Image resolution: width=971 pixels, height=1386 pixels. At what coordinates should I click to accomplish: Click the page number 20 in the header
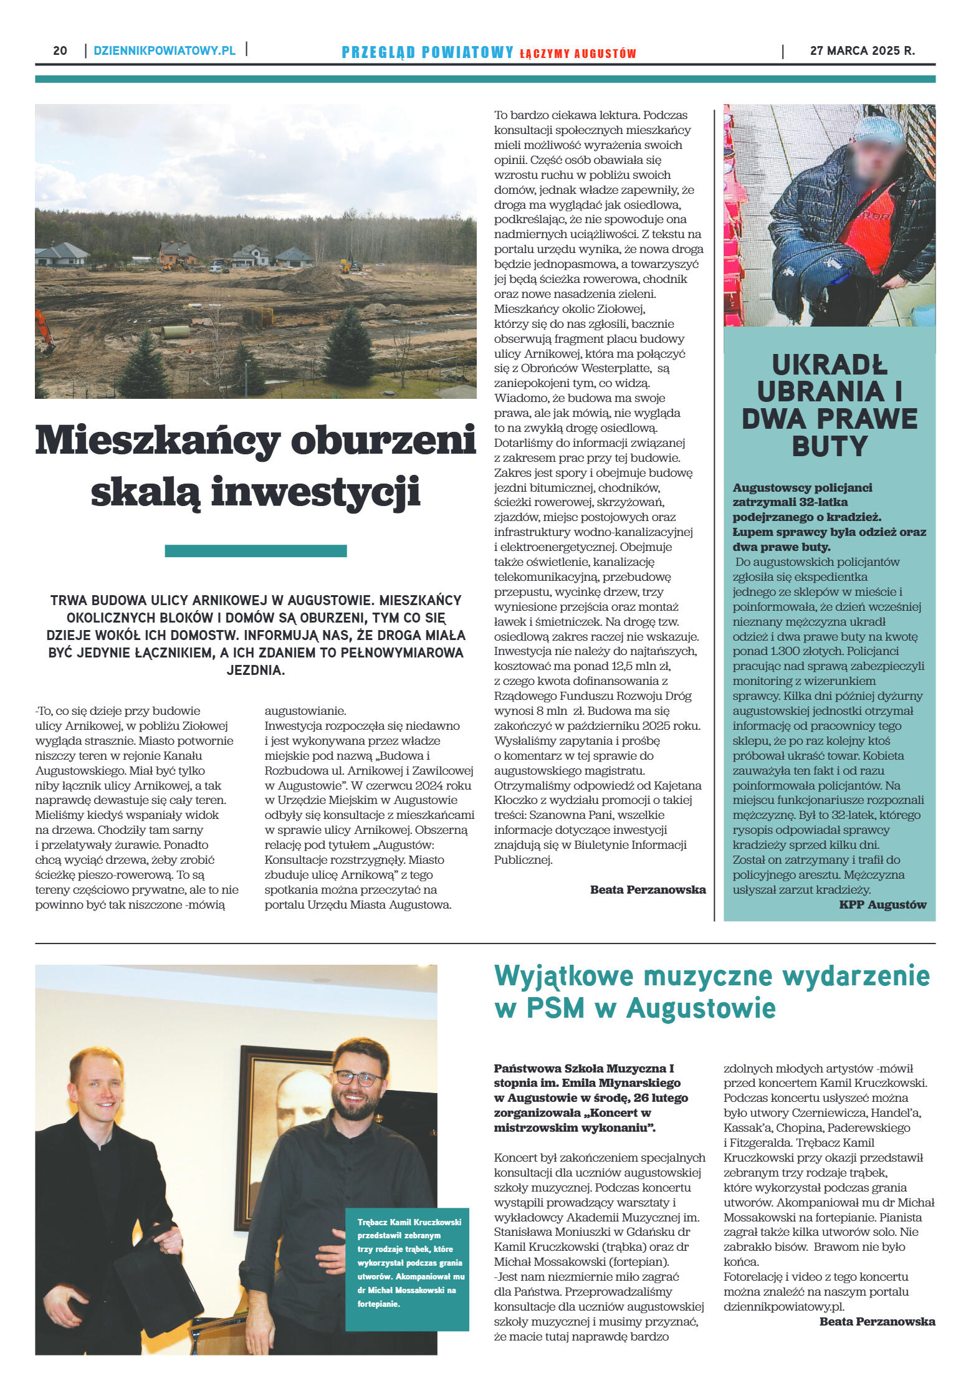click(x=60, y=50)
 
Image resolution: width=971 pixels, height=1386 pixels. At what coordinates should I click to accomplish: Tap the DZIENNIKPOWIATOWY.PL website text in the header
click(x=165, y=50)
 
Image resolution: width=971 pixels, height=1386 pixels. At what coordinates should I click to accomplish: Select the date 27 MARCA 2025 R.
click(x=862, y=51)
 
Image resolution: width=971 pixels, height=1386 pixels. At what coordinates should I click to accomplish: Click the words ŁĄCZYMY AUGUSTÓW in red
click(x=578, y=54)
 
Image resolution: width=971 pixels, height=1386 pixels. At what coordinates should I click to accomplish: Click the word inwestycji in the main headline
click(x=316, y=492)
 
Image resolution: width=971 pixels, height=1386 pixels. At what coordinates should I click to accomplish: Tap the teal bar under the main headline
click(x=256, y=551)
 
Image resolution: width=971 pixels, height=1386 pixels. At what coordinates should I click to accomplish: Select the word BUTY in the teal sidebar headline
click(x=830, y=446)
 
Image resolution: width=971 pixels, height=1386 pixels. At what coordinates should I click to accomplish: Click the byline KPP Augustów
click(x=883, y=904)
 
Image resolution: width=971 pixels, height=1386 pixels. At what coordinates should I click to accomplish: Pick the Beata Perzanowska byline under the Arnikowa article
click(x=648, y=889)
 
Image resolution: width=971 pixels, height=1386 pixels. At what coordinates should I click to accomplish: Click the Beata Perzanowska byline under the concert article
click(x=877, y=1321)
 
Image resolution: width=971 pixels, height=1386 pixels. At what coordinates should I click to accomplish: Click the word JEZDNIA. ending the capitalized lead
click(x=256, y=671)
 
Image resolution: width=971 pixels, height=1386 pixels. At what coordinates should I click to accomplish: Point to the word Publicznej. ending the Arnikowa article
click(x=523, y=860)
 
